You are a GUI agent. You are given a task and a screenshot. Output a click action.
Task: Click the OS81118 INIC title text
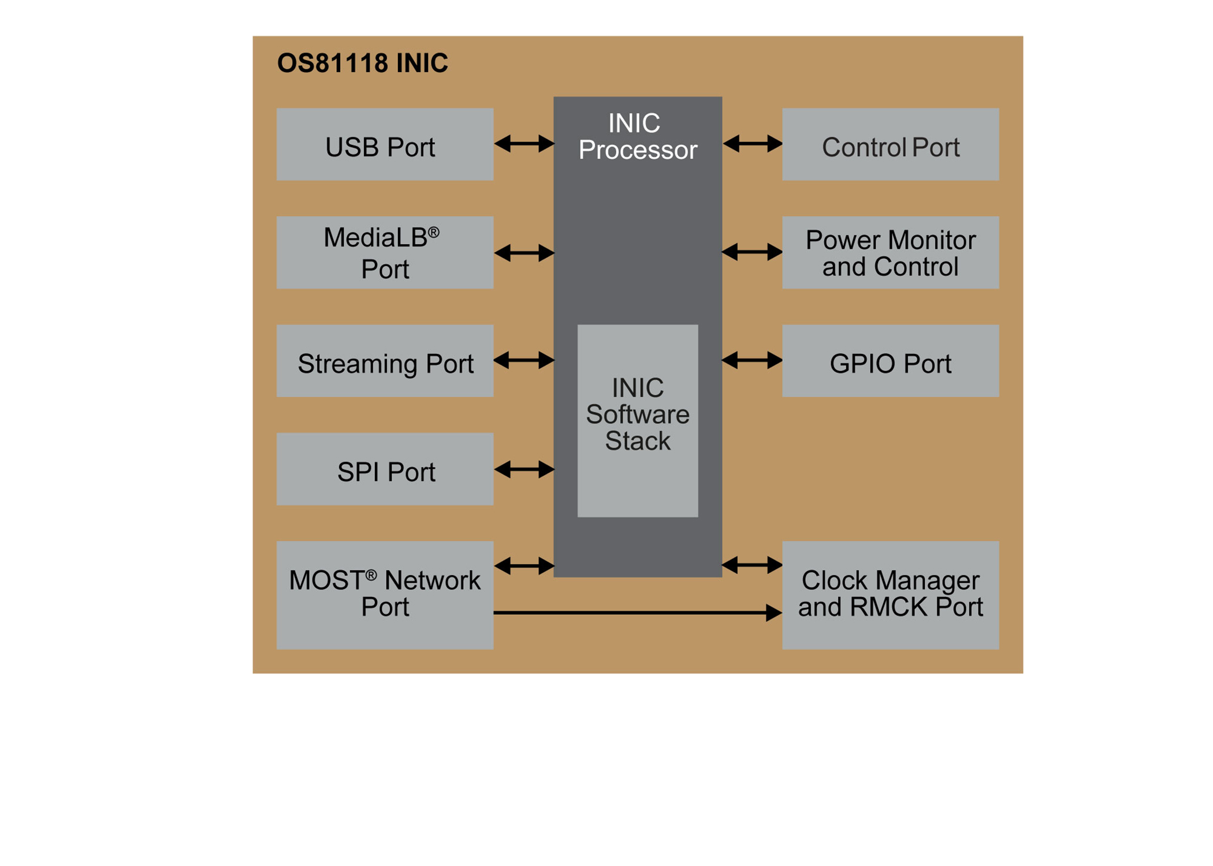click(362, 63)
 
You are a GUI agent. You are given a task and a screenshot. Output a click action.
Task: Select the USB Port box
click(385, 144)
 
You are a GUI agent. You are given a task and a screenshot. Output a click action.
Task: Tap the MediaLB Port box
click(385, 252)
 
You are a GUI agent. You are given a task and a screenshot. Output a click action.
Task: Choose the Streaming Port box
click(385, 361)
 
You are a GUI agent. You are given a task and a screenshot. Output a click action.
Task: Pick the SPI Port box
click(385, 469)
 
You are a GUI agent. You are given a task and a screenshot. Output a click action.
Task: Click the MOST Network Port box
click(385, 595)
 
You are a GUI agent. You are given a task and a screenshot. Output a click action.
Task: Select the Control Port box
click(890, 144)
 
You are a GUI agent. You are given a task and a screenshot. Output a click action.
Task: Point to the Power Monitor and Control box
click(890, 252)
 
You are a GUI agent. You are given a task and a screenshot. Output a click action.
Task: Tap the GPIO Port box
click(890, 361)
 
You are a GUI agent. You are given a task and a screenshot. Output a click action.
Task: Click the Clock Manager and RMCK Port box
click(890, 595)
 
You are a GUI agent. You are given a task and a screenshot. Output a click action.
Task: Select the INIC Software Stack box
click(638, 420)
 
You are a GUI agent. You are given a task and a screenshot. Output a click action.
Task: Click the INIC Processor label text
click(638, 136)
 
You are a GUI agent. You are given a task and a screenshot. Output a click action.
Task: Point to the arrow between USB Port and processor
click(524, 143)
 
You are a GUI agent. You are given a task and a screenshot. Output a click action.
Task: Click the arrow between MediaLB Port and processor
click(524, 252)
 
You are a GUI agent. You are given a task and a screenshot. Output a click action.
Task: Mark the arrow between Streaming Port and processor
click(524, 360)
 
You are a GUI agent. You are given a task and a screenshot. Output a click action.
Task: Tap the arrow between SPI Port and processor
click(524, 469)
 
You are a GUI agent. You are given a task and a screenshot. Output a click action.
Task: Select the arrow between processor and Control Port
click(752, 143)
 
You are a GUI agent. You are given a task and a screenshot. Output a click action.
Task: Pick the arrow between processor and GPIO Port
click(752, 360)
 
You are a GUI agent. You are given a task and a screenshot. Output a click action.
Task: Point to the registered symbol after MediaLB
click(434, 233)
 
